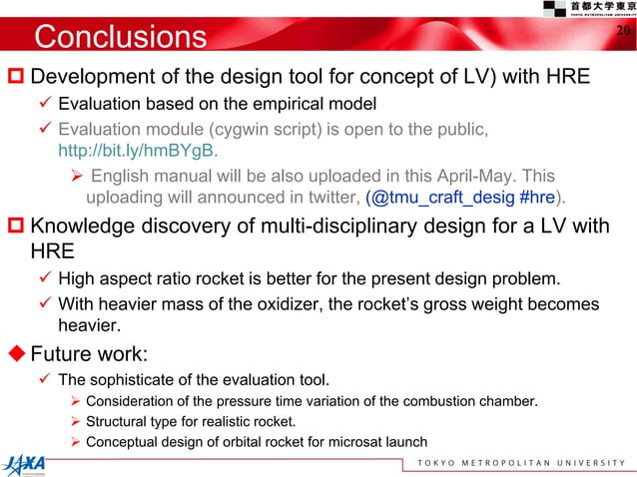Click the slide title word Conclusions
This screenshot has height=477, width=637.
(119, 38)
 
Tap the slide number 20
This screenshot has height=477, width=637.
(622, 32)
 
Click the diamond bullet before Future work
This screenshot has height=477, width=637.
(15, 352)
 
